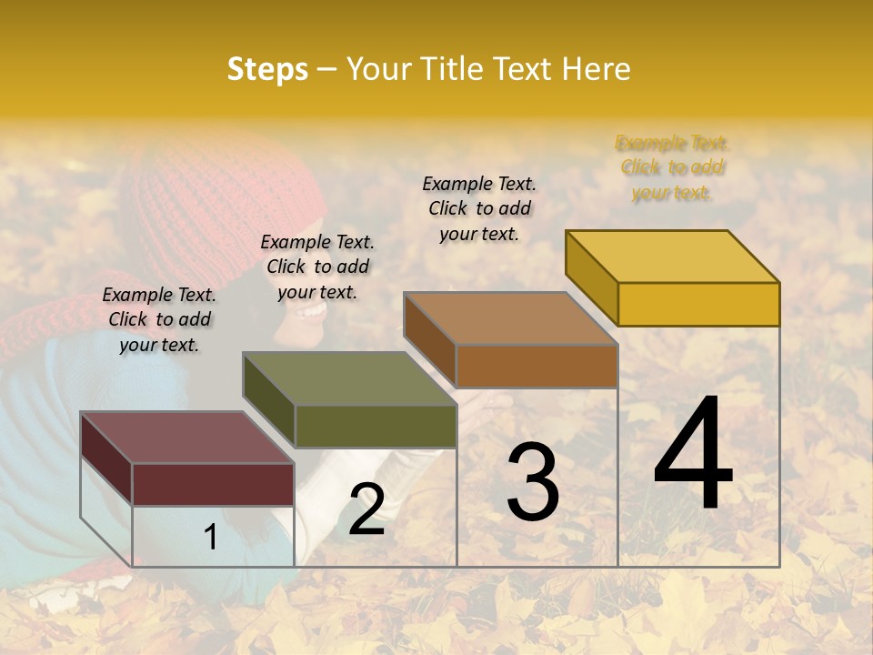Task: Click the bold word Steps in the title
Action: (x=267, y=69)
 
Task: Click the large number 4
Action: (x=693, y=455)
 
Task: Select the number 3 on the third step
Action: (x=532, y=482)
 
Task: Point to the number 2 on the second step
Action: (x=366, y=510)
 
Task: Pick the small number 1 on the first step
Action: (x=211, y=538)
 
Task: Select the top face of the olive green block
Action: (x=349, y=378)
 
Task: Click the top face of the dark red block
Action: (x=186, y=438)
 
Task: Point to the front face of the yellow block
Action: (x=698, y=304)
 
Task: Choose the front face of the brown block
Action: (x=537, y=366)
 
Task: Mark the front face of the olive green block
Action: (x=376, y=426)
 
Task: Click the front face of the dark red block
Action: (x=213, y=484)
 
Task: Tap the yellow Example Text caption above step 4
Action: (x=672, y=167)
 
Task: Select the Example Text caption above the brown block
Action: (x=479, y=208)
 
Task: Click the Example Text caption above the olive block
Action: (x=317, y=267)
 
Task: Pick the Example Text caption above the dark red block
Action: (x=159, y=319)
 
